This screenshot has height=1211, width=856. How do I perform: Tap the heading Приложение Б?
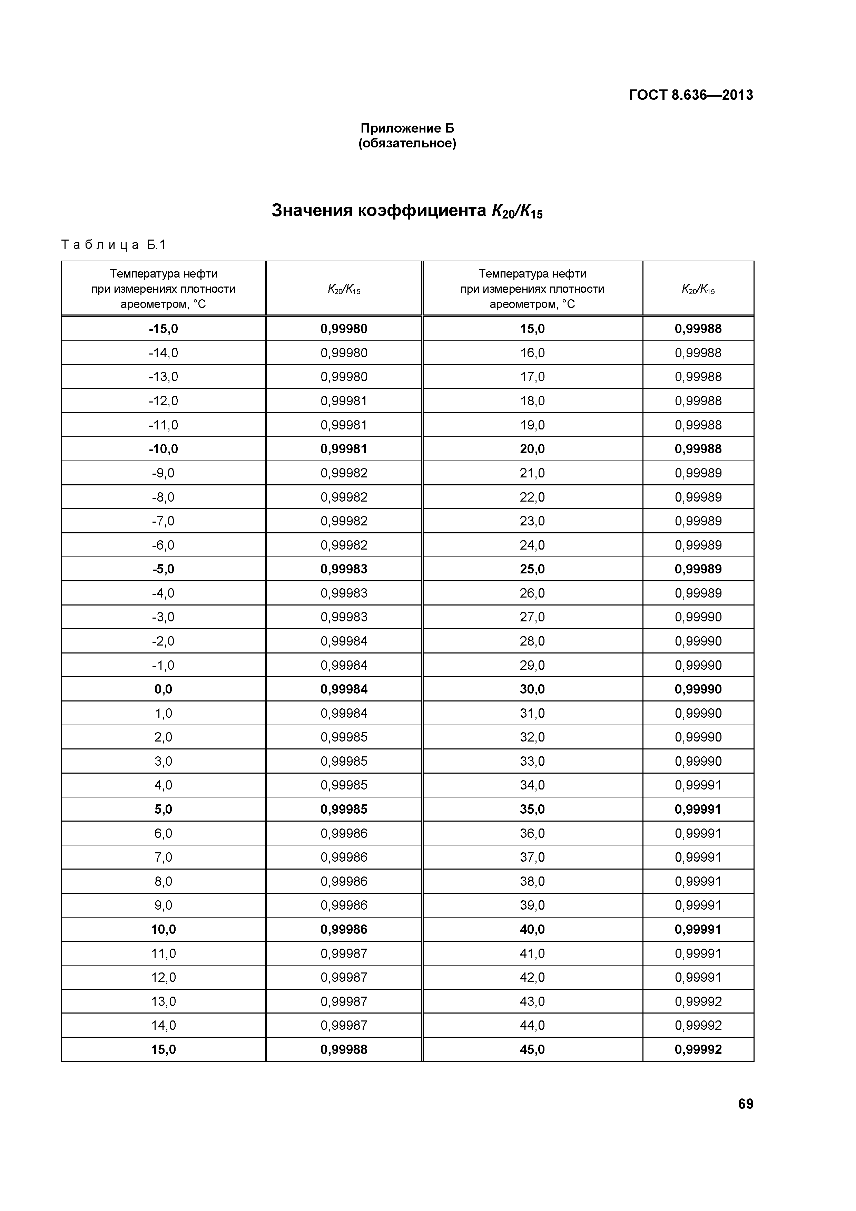pyautogui.click(x=407, y=128)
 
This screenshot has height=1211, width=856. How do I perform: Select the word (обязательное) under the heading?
pyautogui.click(x=407, y=144)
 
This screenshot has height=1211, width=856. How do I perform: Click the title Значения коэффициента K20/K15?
pyautogui.click(x=407, y=211)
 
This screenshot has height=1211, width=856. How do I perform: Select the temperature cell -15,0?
pyautogui.click(x=164, y=329)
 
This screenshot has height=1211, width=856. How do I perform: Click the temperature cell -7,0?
pyautogui.click(x=164, y=521)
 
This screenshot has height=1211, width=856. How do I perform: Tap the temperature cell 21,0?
pyautogui.click(x=532, y=473)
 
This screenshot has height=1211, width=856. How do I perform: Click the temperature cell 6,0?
pyautogui.click(x=164, y=833)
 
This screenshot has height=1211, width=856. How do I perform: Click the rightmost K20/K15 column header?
pyautogui.click(x=698, y=289)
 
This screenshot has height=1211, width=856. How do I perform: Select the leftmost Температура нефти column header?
pyautogui.click(x=164, y=289)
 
